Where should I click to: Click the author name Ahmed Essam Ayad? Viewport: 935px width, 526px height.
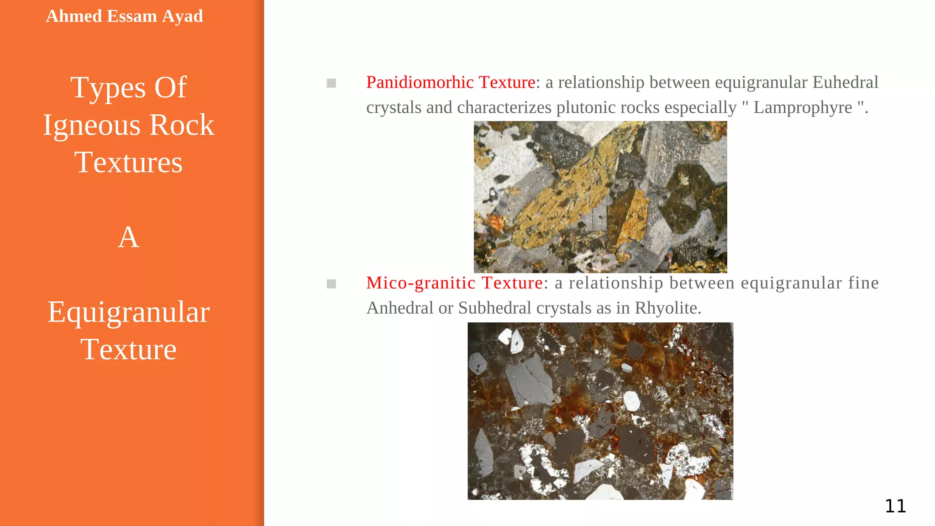click(124, 16)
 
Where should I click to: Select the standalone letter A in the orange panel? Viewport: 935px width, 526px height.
click(128, 237)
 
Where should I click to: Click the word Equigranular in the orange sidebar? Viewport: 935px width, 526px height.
click(128, 312)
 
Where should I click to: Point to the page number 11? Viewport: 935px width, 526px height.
click(895, 506)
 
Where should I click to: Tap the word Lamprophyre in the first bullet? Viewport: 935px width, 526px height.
click(802, 108)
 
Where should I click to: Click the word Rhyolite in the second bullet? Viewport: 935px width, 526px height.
click(667, 308)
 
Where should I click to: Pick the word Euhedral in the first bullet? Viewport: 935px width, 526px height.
click(845, 83)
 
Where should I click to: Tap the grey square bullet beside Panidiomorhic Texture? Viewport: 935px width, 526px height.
click(331, 83)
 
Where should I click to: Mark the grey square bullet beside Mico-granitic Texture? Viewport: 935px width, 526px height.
click(331, 284)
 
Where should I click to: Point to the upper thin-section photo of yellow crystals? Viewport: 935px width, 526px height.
click(600, 197)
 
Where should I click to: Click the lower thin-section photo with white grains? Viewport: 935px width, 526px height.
click(600, 411)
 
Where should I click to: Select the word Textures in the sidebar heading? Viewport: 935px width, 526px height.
click(128, 163)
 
